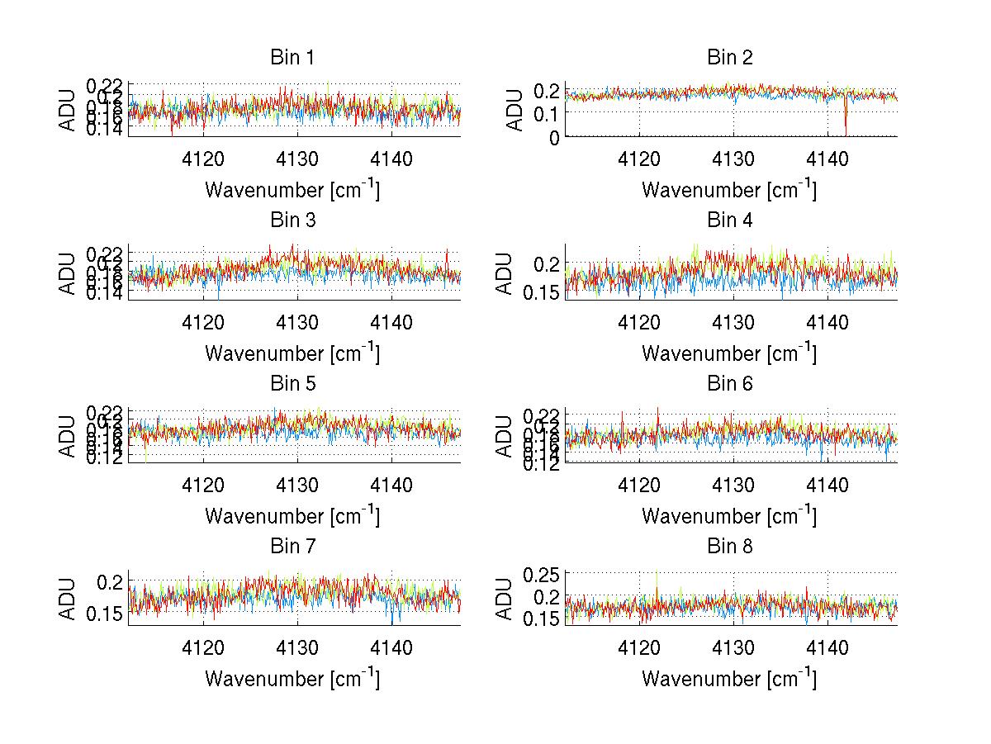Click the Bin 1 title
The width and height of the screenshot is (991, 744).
(292, 58)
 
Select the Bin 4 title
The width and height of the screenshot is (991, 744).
(730, 220)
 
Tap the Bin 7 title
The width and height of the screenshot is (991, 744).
(292, 547)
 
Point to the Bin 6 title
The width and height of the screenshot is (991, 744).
(730, 384)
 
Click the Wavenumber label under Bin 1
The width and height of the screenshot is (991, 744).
(292, 190)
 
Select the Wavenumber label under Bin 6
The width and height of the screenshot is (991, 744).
(730, 516)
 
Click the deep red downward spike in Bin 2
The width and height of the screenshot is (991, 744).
(846, 124)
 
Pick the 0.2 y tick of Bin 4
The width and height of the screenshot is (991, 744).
(546, 263)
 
